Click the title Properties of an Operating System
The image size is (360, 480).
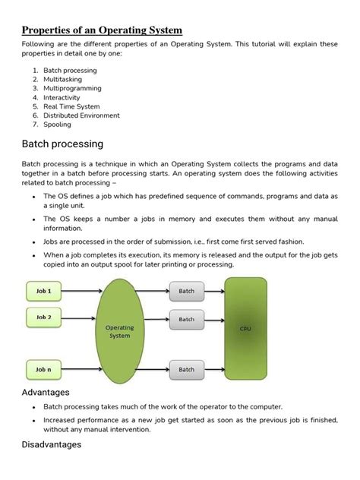[x=102, y=30]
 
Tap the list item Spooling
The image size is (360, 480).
[x=58, y=125]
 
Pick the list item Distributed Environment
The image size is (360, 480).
[x=81, y=115]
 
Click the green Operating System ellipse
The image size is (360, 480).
[x=119, y=331]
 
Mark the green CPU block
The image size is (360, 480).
[x=245, y=329]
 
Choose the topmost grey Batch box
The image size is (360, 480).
[x=187, y=291]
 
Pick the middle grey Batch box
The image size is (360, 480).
[x=187, y=319]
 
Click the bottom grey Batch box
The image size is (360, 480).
[x=187, y=369]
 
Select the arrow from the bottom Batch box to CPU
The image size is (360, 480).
[x=215, y=369]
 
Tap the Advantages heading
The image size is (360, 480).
[x=46, y=392]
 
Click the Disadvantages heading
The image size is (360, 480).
[x=51, y=444]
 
